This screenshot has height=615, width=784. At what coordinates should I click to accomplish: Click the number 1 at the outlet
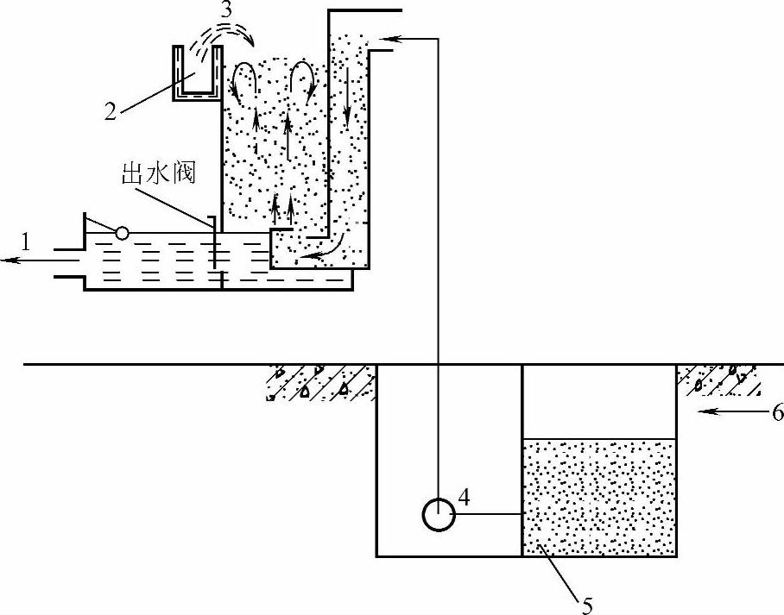point(26,244)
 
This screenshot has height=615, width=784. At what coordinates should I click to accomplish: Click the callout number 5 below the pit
point(587,605)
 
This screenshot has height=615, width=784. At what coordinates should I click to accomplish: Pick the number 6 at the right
point(775,413)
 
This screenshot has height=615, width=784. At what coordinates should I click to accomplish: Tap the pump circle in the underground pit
point(439,515)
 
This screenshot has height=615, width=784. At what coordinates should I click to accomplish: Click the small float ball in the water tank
point(123,232)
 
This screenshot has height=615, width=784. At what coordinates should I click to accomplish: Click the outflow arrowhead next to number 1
point(7,259)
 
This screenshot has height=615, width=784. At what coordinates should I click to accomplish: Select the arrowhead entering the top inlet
point(381,38)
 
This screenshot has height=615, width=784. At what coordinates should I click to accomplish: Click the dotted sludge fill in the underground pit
point(599,496)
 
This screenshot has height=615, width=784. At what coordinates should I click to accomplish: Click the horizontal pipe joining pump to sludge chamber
point(489,515)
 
